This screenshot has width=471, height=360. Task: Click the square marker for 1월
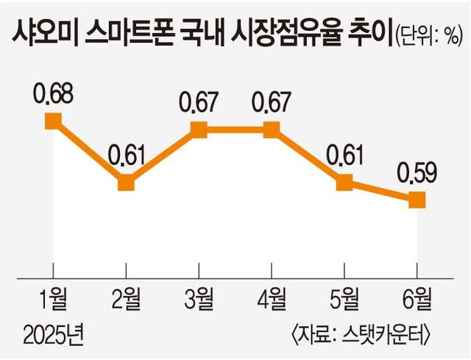click(x=54, y=121)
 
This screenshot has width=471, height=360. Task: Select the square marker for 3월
click(x=199, y=130)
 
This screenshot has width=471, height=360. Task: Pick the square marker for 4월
click(x=272, y=130)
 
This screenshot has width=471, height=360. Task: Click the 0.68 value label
click(x=54, y=96)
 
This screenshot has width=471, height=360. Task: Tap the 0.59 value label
click(x=417, y=174)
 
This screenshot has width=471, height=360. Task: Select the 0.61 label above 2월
click(x=127, y=157)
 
